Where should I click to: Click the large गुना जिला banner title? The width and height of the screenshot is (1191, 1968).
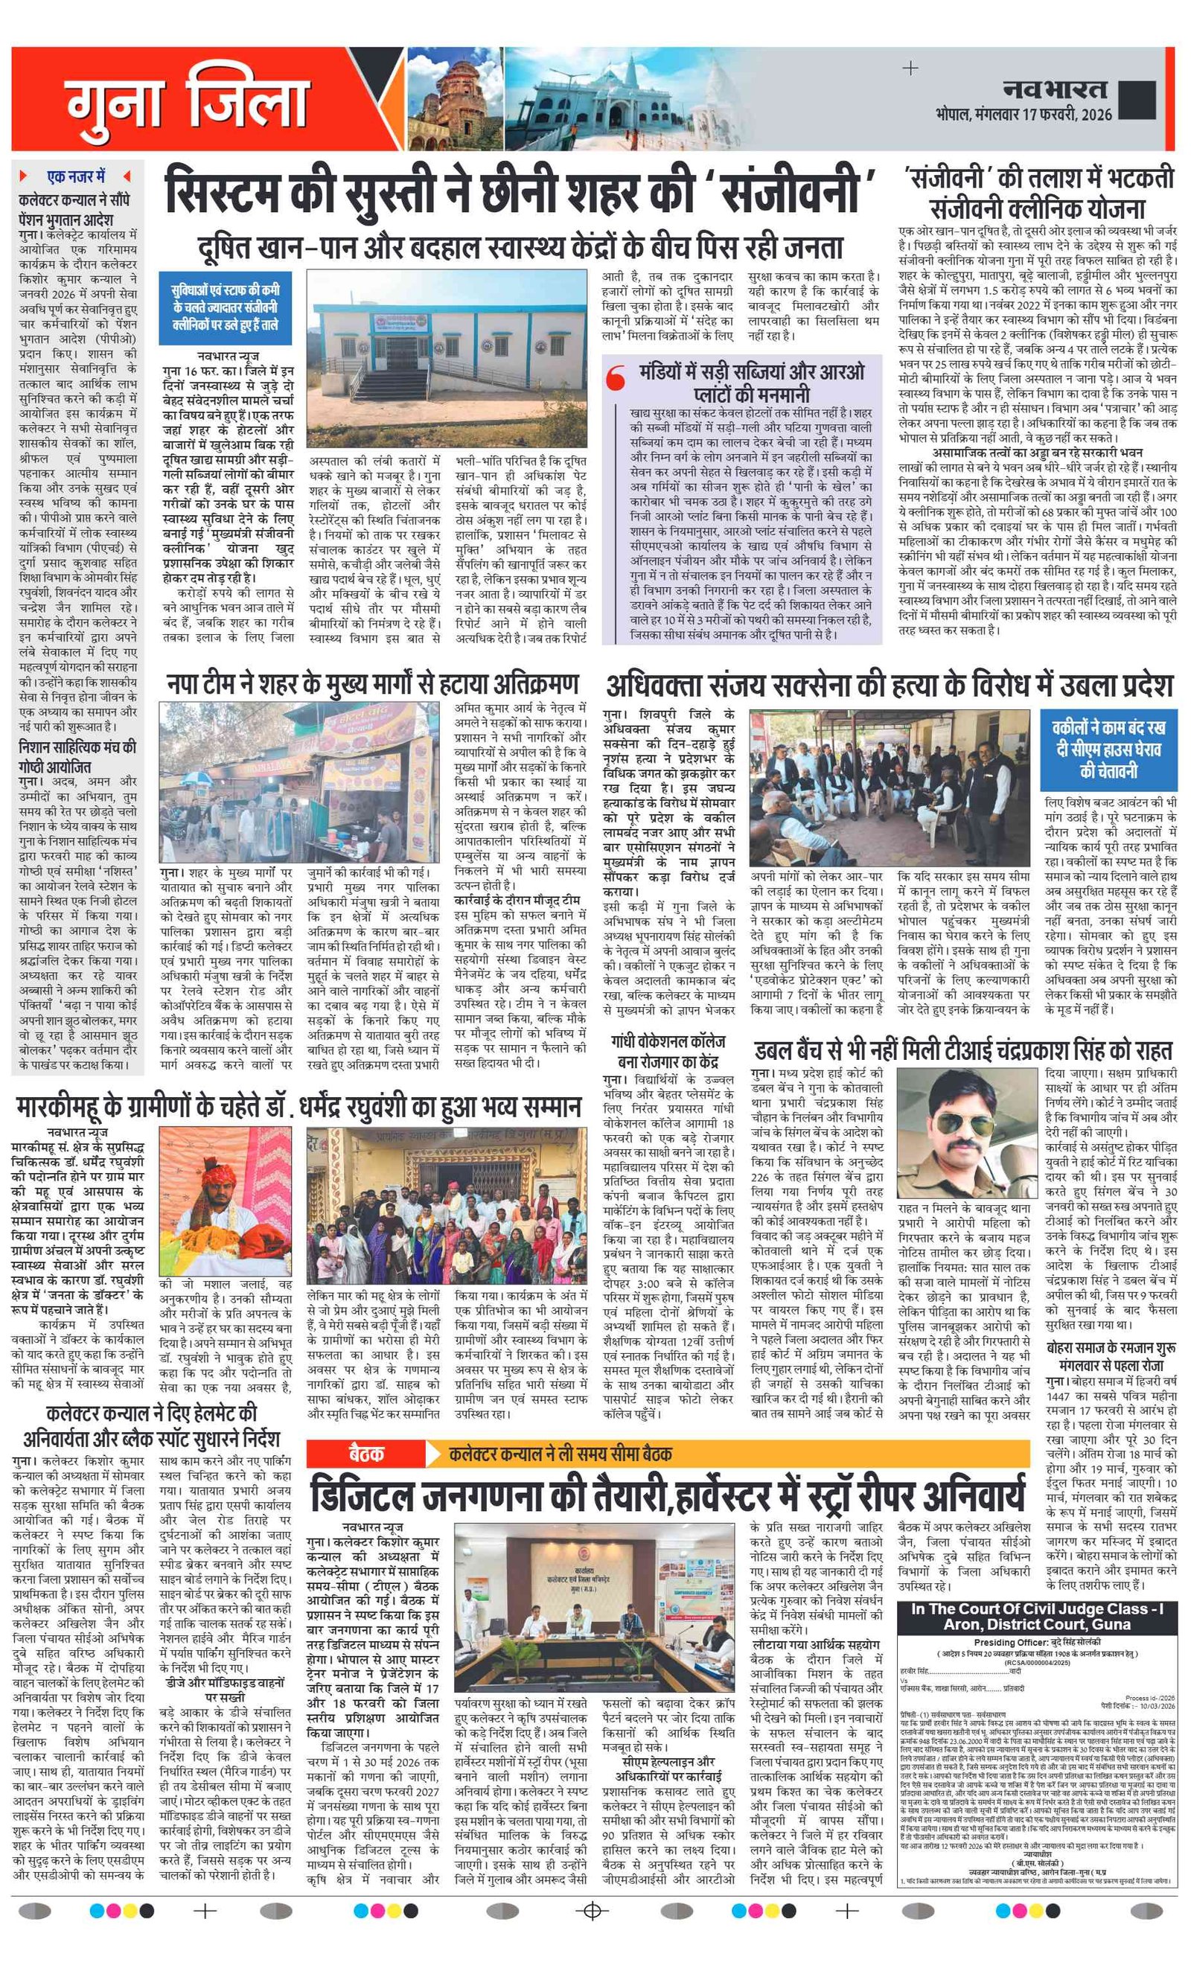[187, 103]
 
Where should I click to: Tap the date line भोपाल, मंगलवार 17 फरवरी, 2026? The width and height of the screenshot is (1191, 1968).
[1024, 114]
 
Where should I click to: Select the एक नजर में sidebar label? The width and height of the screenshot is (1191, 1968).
[75, 176]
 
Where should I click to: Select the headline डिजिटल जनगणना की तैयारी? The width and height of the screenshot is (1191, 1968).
[666, 1495]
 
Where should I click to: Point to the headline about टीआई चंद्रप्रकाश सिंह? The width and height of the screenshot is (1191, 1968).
[962, 1050]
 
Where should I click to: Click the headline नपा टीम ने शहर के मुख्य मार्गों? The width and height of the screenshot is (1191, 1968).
[372, 685]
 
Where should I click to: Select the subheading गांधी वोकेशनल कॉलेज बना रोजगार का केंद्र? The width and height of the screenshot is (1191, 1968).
[668, 1051]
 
